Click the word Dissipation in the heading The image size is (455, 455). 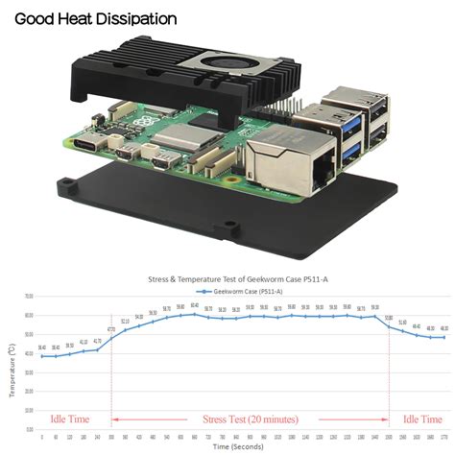coord(144,18)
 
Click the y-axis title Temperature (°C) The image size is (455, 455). coord(12,371)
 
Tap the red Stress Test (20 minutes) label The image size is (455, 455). coord(251,420)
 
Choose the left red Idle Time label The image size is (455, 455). coord(63,420)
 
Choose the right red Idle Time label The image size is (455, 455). coord(422,420)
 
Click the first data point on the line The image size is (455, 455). coord(41,356)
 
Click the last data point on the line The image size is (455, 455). coord(443,337)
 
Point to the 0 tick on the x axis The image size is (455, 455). coord(41,437)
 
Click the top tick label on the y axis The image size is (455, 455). coord(29,296)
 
